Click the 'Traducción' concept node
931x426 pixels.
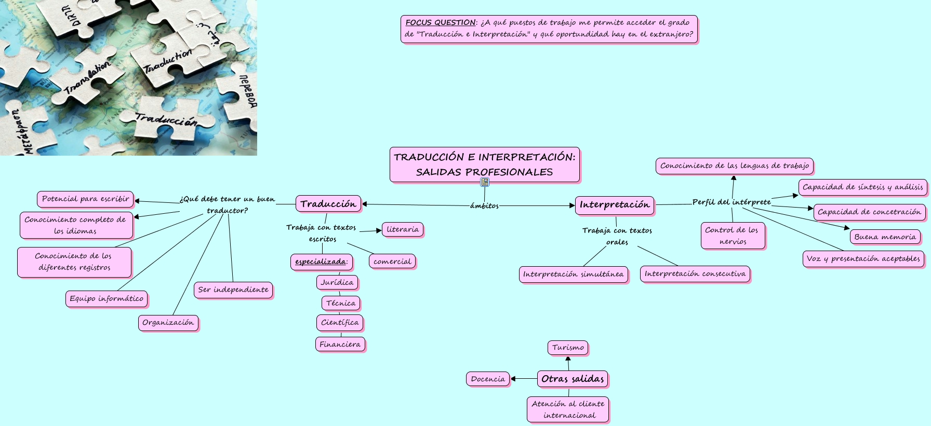(328, 204)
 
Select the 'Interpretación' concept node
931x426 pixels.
(614, 205)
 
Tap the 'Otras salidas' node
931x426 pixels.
(573, 379)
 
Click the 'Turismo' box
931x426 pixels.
(568, 348)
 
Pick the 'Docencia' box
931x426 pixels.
(488, 379)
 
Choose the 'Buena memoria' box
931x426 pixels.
(885, 237)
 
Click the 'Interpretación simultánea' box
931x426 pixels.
(573, 274)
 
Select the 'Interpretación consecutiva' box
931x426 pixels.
(695, 274)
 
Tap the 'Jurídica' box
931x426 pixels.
(337, 283)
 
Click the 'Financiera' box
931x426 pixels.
(340, 345)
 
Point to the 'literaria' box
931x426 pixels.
(403, 229)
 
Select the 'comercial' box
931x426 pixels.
(392, 262)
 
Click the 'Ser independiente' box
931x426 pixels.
(233, 290)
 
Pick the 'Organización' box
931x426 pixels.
(168, 323)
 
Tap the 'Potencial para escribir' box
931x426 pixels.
(85, 199)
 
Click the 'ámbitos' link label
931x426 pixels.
(484, 206)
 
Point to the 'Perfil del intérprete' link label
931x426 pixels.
(731, 202)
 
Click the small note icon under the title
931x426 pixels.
(485, 182)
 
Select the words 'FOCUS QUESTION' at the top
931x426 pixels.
(440, 22)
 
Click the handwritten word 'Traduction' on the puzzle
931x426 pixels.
(167, 61)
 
